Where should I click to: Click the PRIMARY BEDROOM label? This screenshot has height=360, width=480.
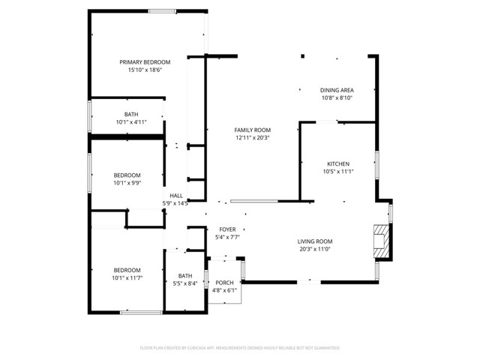pyautogui.click(x=145, y=62)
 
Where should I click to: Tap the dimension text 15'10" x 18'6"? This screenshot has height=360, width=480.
pyautogui.click(x=145, y=70)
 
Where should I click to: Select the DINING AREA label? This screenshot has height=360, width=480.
pyautogui.click(x=337, y=90)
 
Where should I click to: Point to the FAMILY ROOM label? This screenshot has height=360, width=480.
pyautogui.click(x=253, y=130)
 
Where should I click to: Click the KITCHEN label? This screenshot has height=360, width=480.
pyautogui.click(x=337, y=163)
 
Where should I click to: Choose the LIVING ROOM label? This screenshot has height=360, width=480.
pyautogui.click(x=315, y=241)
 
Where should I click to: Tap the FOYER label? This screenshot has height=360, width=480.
pyautogui.click(x=227, y=229)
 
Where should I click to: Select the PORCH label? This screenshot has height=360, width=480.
pyautogui.click(x=224, y=283)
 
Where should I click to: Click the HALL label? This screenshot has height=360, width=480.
pyautogui.click(x=175, y=196)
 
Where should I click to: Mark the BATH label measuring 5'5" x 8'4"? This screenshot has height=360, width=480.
pyautogui.click(x=184, y=275)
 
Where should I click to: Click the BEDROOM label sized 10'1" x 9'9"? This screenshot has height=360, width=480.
pyautogui.click(x=127, y=175)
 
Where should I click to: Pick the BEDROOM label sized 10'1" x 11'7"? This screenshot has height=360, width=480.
pyautogui.click(x=127, y=270)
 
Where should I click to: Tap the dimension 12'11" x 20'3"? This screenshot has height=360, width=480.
pyautogui.click(x=253, y=137)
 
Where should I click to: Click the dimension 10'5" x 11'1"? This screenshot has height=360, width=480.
pyautogui.click(x=337, y=171)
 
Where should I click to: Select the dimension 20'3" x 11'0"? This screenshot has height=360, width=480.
pyautogui.click(x=315, y=249)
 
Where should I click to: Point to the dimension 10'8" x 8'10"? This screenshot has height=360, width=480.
pyautogui.click(x=337, y=97)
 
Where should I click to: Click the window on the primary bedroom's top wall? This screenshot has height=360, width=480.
pyautogui.click(x=162, y=10)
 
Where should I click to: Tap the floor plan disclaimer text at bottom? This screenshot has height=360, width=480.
pyautogui.click(x=240, y=348)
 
